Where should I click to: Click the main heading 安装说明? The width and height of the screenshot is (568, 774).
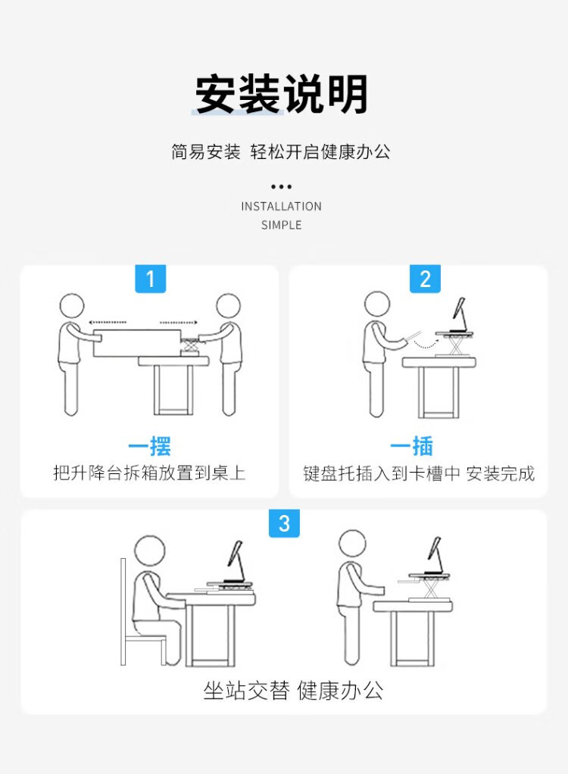(281, 94)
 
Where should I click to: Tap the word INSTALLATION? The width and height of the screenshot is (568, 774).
(281, 206)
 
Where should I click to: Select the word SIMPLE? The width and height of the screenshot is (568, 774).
(281, 225)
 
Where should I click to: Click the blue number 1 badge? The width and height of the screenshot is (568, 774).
(151, 279)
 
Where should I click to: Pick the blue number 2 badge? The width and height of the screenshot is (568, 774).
(425, 279)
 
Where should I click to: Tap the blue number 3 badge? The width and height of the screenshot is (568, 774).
(284, 523)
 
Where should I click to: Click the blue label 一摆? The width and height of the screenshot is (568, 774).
(149, 446)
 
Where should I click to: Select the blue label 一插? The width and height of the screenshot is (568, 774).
(411, 446)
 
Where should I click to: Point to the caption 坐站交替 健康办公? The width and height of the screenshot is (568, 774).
(293, 690)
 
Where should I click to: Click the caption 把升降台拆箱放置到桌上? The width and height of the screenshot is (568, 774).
(149, 473)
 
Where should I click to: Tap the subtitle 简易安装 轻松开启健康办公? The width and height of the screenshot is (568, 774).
(281, 151)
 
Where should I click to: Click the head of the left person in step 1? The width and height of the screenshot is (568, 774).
(72, 306)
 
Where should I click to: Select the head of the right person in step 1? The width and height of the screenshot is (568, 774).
(229, 306)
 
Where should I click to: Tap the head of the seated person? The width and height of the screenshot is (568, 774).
(150, 551)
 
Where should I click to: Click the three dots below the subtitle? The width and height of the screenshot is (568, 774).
(281, 186)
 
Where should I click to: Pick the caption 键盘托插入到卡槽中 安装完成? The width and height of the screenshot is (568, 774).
(419, 473)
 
